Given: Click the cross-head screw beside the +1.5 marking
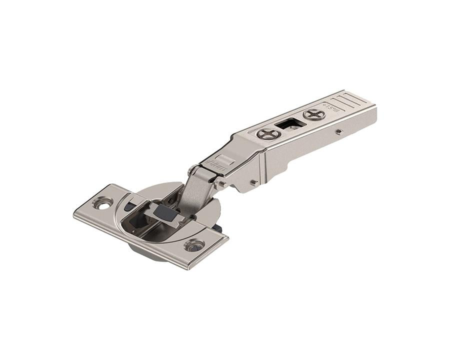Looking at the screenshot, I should pos(314,114).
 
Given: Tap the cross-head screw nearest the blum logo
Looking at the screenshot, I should pos(269,133).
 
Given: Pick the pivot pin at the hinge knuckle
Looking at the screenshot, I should pos(219,183).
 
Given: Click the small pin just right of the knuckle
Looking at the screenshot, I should pos(254,182).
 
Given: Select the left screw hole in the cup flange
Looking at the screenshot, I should pos(105,203).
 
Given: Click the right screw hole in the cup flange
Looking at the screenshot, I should pos(194,245).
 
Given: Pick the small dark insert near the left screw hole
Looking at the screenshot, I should pos(128,205).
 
